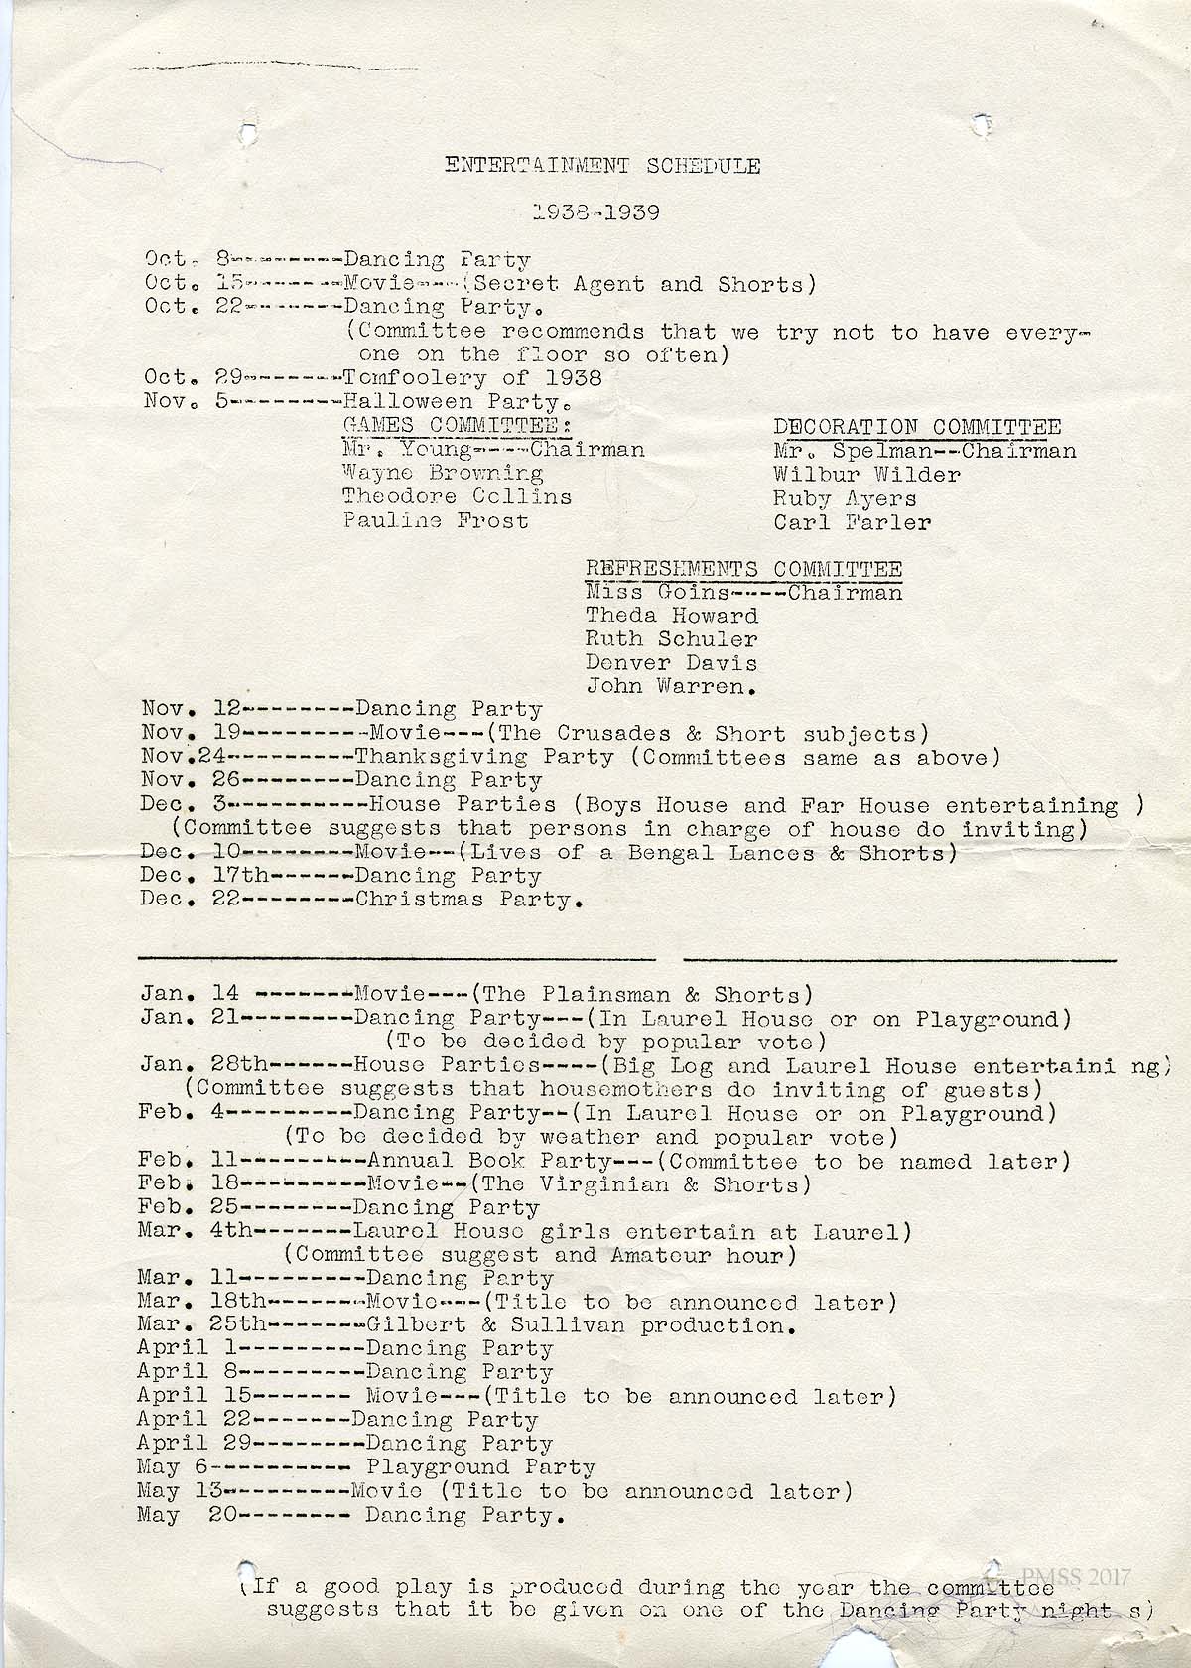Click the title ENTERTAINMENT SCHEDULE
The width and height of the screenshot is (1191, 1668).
601,166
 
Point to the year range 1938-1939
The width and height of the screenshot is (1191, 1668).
595,212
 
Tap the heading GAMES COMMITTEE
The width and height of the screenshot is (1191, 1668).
457,425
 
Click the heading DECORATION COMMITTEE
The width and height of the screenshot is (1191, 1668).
917,427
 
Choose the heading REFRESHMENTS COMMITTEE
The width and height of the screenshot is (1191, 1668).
743,569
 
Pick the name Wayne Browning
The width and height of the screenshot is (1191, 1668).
443,474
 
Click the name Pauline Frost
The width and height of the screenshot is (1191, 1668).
436,520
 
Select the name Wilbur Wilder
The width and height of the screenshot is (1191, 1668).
866,475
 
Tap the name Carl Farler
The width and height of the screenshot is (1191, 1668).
852,522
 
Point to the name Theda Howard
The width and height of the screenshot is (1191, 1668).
671,616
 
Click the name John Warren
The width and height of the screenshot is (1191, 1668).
671,686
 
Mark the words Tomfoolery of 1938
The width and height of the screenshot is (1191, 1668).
472,378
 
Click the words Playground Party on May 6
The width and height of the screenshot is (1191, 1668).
480,1467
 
